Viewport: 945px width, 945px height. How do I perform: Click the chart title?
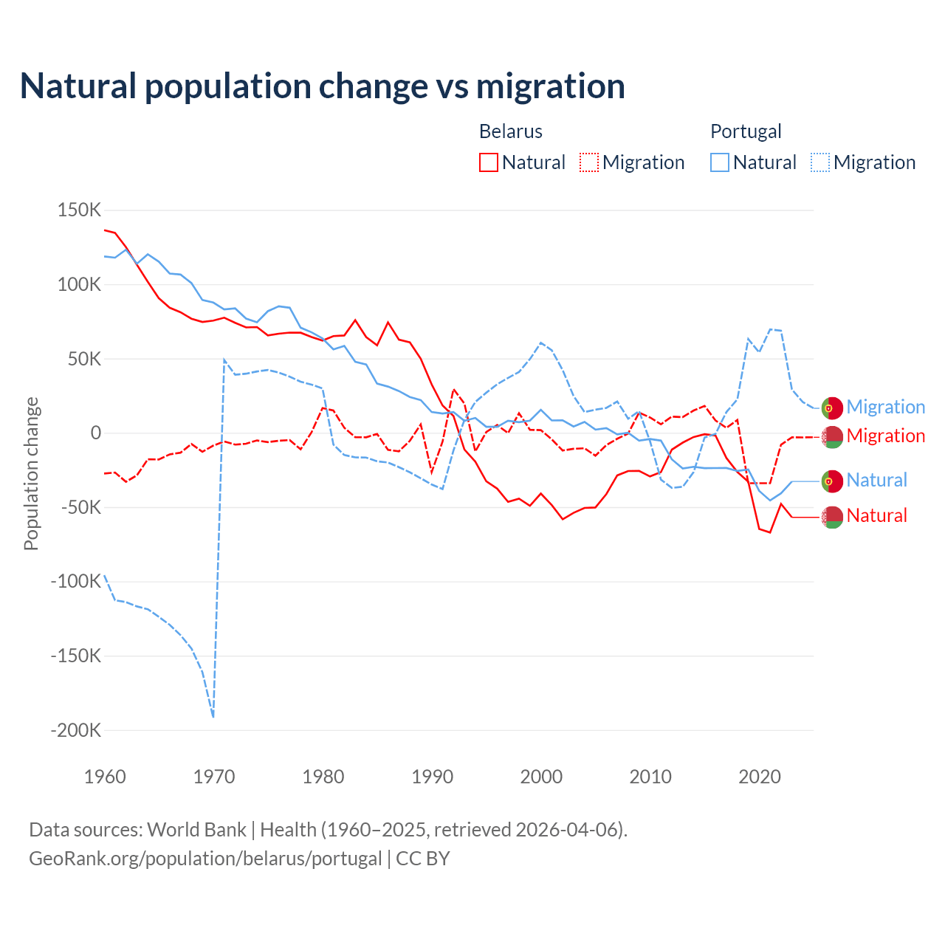coord(323,86)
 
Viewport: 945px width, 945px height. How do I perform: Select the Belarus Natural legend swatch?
coord(489,162)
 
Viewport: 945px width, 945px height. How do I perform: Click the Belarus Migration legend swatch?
coord(589,162)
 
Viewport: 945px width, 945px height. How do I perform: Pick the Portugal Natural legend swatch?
coord(720,162)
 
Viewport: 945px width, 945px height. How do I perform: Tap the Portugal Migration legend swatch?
coord(820,162)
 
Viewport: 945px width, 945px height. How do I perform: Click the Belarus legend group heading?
coord(511,131)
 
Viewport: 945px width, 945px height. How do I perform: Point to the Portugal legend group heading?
coord(746,131)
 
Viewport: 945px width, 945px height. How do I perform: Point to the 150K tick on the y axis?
coord(79,210)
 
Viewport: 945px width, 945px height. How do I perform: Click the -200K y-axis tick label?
coord(75,730)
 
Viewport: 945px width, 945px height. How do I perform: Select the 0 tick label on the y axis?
coord(95,433)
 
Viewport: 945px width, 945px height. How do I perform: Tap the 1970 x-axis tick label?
coord(214,777)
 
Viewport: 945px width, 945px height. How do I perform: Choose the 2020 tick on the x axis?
coord(760,777)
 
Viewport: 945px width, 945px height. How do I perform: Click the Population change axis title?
coord(31,473)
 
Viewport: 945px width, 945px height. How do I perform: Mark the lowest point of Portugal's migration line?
coord(213,716)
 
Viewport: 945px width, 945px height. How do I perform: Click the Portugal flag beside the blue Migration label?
coord(832,408)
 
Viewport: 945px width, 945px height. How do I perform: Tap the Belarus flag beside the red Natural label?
coord(832,517)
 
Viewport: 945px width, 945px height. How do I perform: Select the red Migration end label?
coord(885,436)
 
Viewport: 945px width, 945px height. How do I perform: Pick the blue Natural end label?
coord(876,480)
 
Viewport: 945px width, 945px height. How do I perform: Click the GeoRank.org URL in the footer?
coord(205,859)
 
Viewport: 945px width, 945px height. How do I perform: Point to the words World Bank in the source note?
coord(196,830)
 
